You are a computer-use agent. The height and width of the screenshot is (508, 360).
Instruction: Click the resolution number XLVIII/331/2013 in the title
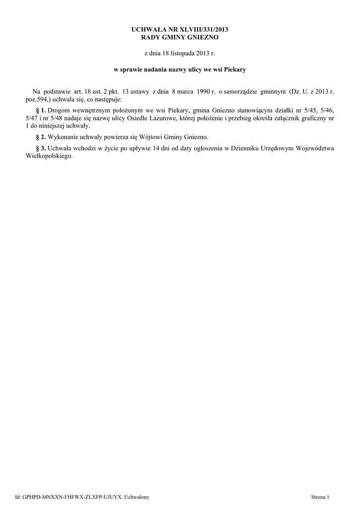201,30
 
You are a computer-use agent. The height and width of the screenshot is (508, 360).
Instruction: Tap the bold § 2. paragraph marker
41,136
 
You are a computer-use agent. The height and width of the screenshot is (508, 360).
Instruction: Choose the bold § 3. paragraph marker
41,148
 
